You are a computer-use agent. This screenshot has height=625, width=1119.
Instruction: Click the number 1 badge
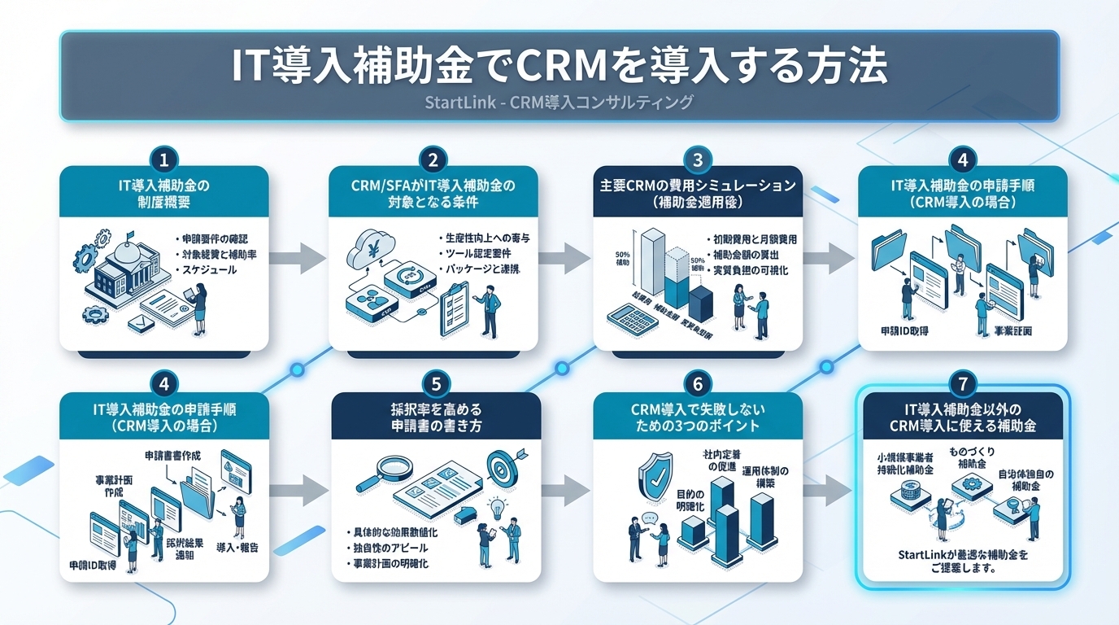164,158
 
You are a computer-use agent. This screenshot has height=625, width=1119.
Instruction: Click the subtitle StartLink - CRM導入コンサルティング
559,103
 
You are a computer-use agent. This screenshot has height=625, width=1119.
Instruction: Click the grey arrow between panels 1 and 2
298,259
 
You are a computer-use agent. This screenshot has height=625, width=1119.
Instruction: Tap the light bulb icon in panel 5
496,509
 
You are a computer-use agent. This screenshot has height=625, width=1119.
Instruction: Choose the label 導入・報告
237,546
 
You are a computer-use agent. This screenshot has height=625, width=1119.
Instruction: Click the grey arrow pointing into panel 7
829,492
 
